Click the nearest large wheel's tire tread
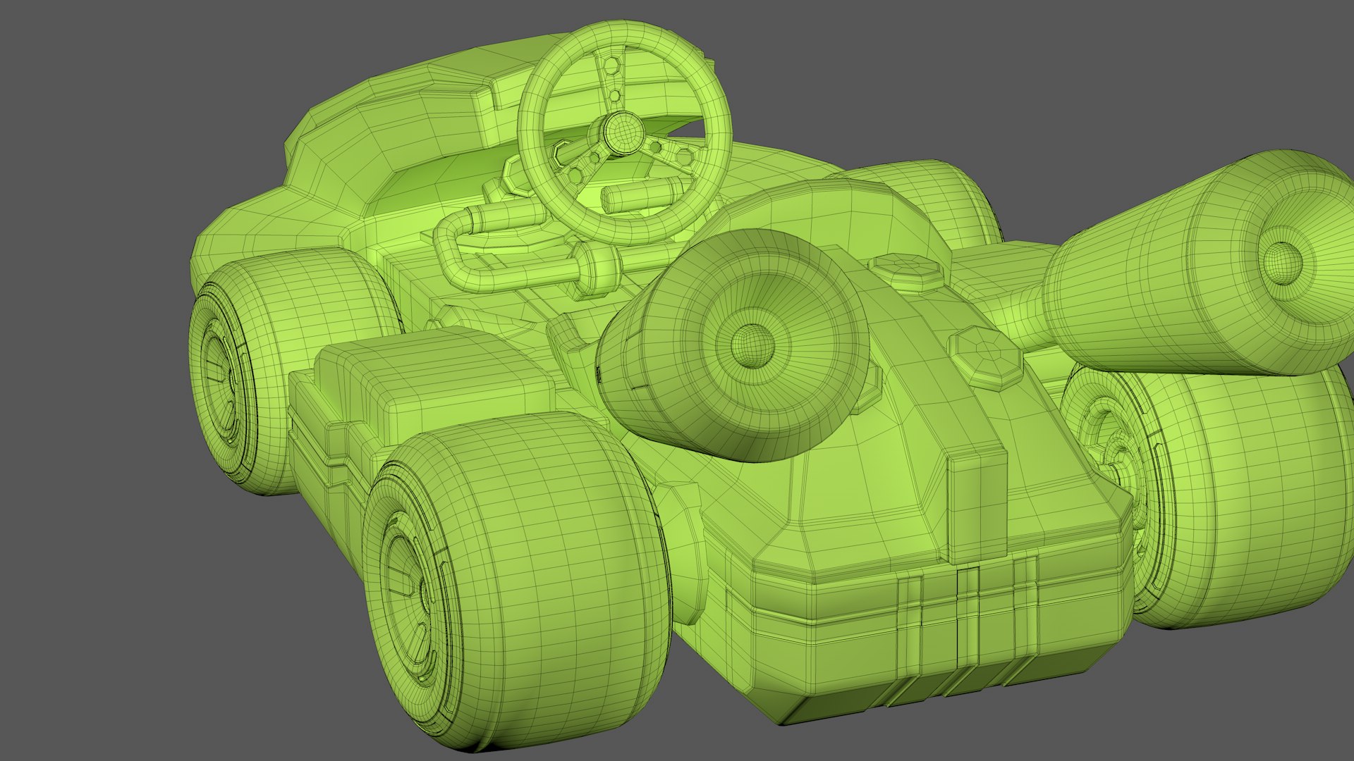[x=564, y=564]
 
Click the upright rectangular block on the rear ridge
[x=977, y=500]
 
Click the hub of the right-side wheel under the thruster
[x=1114, y=451]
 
